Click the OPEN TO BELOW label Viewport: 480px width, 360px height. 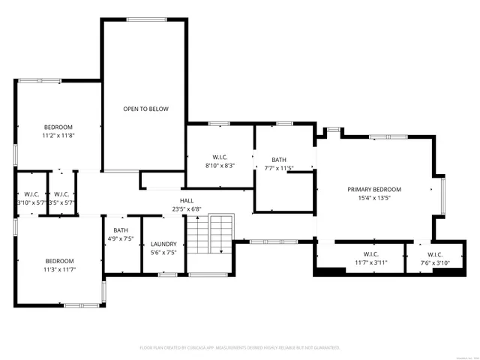(145, 109)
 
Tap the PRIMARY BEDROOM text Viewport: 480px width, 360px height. (374, 189)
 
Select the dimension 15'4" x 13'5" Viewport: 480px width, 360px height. (374, 198)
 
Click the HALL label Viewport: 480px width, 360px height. (187, 201)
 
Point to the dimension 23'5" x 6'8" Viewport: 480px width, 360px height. (187, 209)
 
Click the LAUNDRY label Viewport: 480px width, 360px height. (163, 244)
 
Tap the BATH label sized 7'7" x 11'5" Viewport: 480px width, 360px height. (279, 160)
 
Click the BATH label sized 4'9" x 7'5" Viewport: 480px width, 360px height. (121, 230)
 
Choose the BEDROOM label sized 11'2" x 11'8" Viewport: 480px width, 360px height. (58, 127)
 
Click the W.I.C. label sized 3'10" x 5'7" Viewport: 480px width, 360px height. (31, 194)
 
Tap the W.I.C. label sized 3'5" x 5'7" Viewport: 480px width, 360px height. (61, 194)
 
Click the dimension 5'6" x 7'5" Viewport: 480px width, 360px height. (163, 253)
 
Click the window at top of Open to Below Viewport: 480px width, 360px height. (146, 19)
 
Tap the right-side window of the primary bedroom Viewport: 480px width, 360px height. (443, 195)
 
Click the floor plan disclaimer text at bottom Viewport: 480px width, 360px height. (240, 347)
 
